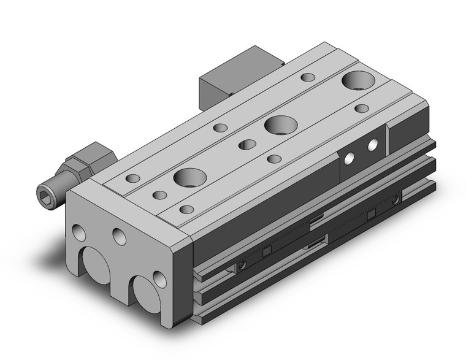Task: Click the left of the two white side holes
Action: (x=349, y=158)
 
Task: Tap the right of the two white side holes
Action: (x=372, y=145)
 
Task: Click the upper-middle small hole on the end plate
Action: (x=118, y=235)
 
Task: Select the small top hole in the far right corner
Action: (x=362, y=109)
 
